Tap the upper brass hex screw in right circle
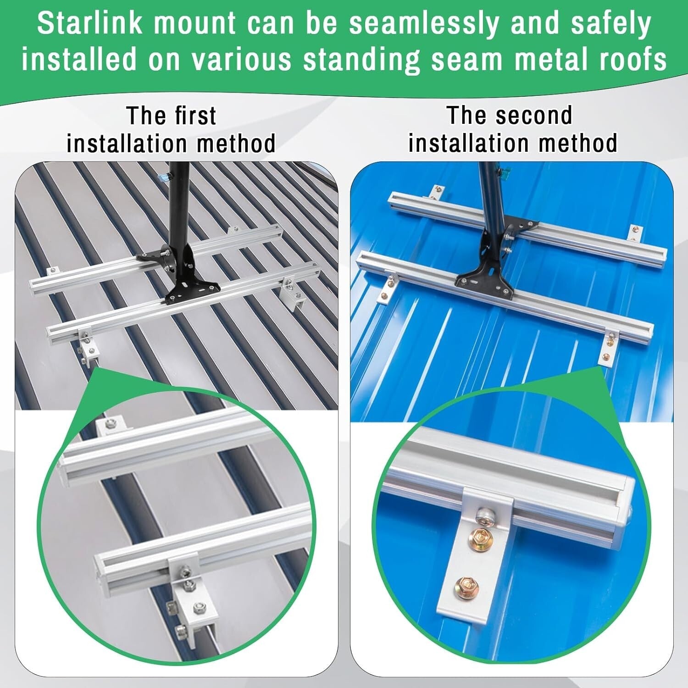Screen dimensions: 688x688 (x=479, y=539)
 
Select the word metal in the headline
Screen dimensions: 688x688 (x=549, y=60)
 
